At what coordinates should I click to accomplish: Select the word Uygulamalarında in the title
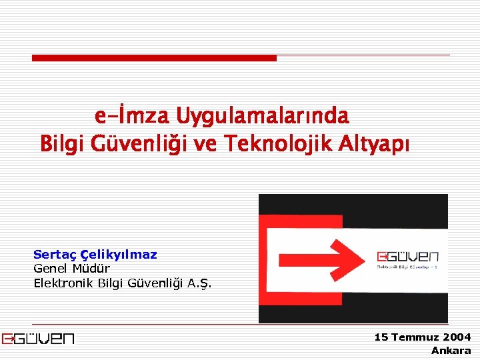262,117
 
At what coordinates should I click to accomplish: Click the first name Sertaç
55,254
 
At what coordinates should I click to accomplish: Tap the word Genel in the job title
51,269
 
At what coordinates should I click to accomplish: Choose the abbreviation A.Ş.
199,283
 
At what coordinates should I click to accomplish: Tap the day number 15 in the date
381,337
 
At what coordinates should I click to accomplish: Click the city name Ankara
451,351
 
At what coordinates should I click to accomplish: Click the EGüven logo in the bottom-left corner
38,339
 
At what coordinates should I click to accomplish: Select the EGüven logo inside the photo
407,259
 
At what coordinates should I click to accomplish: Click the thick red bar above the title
154,58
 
